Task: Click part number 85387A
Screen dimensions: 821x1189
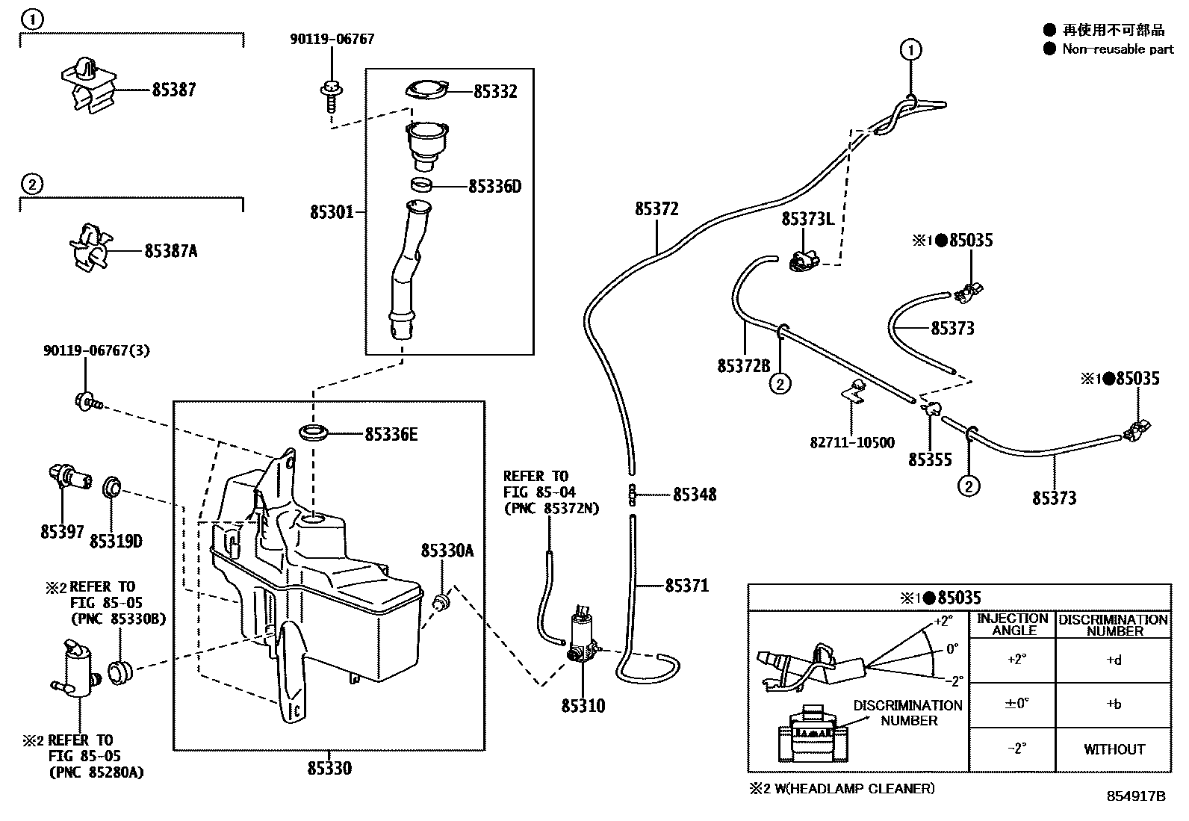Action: coord(170,251)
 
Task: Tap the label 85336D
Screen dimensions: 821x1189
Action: coord(494,186)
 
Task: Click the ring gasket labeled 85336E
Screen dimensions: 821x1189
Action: coord(313,433)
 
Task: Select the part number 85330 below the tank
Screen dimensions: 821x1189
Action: coord(329,768)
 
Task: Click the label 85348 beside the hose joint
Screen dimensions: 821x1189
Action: coord(695,495)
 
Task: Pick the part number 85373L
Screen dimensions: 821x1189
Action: coord(807,219)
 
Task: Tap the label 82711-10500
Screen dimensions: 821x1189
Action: coord(852,442)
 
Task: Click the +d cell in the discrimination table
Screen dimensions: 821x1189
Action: coord(1114,660)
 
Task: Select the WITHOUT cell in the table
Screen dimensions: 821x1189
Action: coord(1114,749)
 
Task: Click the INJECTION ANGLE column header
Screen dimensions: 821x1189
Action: coord(1013,624)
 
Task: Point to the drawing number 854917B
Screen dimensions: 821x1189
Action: coord(1135,796)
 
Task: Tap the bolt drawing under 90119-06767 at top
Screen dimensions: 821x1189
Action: coord(329,95)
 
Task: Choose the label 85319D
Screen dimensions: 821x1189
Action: coord(116,541)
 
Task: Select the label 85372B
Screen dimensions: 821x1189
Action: coord(743,366)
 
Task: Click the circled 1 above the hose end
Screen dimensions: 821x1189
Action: coord(910,50)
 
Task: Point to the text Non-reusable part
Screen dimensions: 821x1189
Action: coord(1117,49)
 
